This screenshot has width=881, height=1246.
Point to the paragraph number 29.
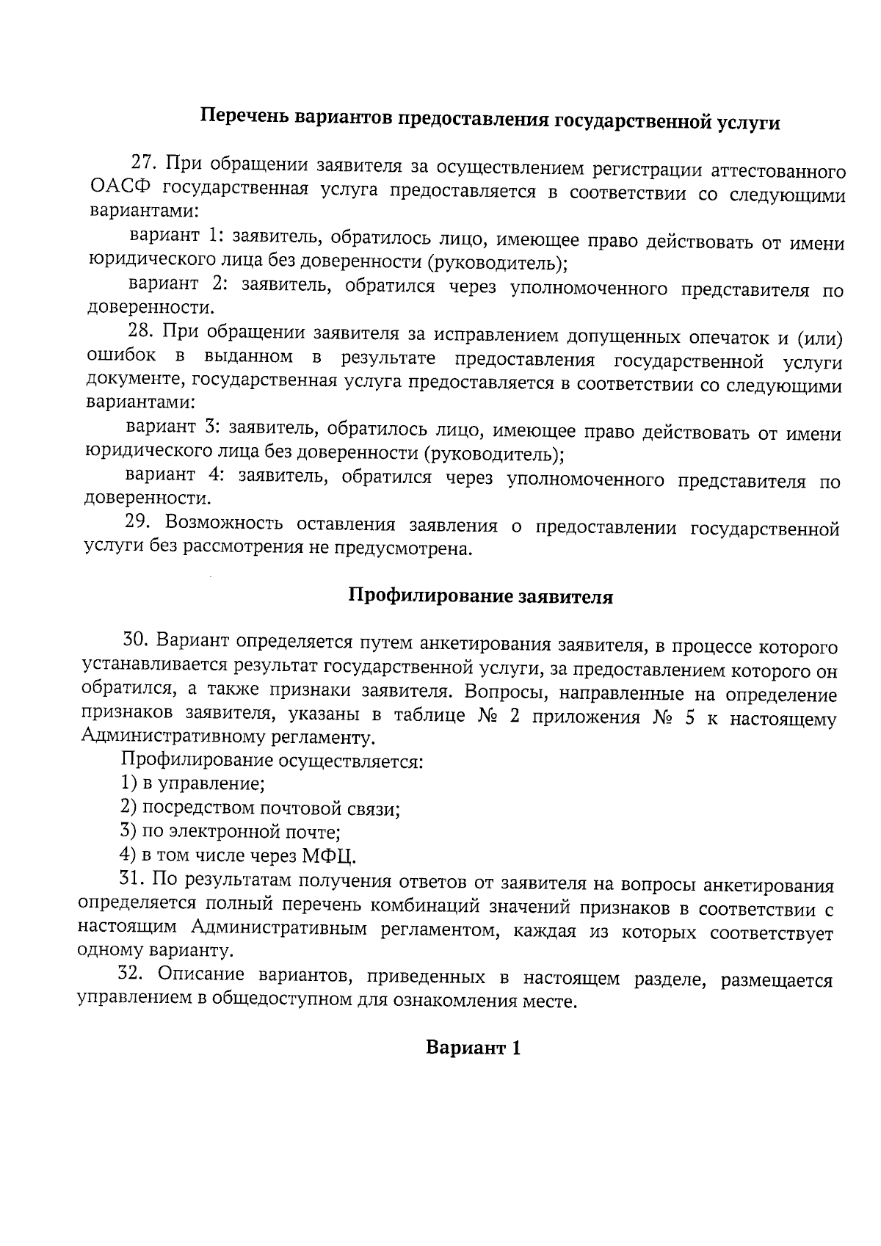tap(137, 522)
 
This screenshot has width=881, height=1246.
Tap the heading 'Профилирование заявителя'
tap(480, 596)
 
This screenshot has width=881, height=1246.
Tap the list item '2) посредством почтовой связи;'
tap(260, 808)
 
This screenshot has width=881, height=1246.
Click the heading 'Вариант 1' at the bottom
tap(474, 1048)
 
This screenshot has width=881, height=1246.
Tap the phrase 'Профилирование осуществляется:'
tap(272, 760)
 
